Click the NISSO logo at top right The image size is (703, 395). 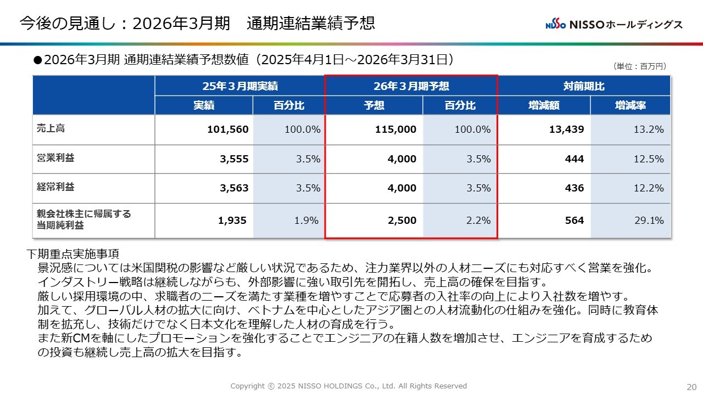(614, 25)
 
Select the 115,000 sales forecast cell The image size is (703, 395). (395, 130)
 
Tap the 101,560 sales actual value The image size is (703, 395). (228, 130)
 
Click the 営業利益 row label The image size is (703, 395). (55, 158)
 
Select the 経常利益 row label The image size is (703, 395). (55, 187)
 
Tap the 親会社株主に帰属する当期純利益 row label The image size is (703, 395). (83, 219)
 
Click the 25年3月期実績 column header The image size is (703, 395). (239, 86)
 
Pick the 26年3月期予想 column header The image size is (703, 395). (411, 86)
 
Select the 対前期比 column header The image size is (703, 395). (584, 86)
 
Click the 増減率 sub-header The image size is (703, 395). (630, 105)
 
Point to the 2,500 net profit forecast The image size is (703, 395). (401, 221)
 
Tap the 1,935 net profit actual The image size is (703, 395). (233, 221)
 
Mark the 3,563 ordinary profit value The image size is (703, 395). (234, 188)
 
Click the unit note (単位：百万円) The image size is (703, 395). (639, 66)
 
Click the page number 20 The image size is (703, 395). (691, 386)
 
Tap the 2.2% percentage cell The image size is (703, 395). (478, 221)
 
